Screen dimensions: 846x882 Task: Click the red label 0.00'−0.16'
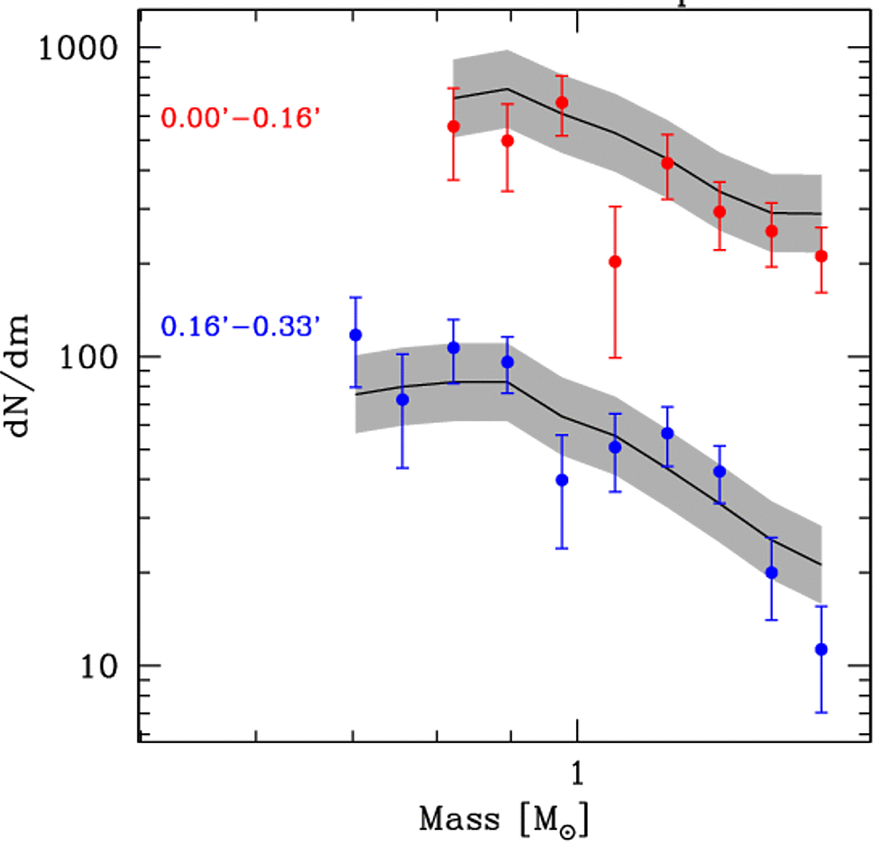pos(241,118)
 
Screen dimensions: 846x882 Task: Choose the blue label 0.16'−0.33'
pos(241,326)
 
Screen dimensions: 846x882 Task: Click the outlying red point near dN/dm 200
pos(615,262)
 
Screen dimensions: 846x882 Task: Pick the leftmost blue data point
pos(355,335)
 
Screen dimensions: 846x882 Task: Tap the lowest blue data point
pos(821,649)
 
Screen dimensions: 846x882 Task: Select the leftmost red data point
pos(454,126)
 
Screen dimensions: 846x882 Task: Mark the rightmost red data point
pos(821,256)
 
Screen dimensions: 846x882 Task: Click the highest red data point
pos(562,103)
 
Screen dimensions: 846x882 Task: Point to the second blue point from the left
pos(402,400)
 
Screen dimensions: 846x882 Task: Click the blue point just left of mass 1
pos(562,480)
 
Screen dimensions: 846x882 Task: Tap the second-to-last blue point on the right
pos(771,572)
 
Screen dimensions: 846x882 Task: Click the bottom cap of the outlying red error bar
pos(615,358)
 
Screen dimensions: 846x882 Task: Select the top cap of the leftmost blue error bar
pos(355,297)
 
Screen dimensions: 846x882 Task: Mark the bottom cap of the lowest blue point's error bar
pos(821,713)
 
